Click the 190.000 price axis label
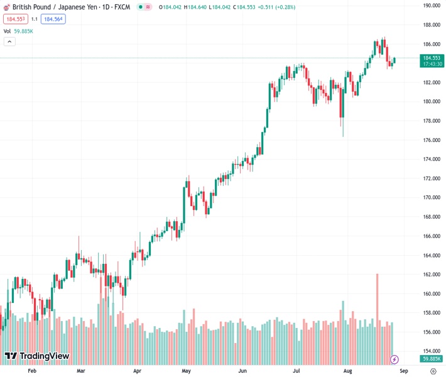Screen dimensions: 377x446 (430, 6)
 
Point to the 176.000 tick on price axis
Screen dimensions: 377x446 (430, 140)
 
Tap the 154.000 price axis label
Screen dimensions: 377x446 (430, 351)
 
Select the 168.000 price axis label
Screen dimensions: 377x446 (430, 217)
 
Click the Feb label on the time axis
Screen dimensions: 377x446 (33, 371)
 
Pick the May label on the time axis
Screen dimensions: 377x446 (186, 371)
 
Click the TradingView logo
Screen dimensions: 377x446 (36, 356)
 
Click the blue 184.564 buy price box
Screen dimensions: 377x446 (53, 19)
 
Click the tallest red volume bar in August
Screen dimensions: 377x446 (378, 314)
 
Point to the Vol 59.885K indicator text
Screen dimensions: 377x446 (18, 31)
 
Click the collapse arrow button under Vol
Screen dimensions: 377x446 (9, 41)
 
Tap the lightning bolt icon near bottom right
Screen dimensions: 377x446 (394, 359)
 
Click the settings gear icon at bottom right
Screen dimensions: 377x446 (433, 371)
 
